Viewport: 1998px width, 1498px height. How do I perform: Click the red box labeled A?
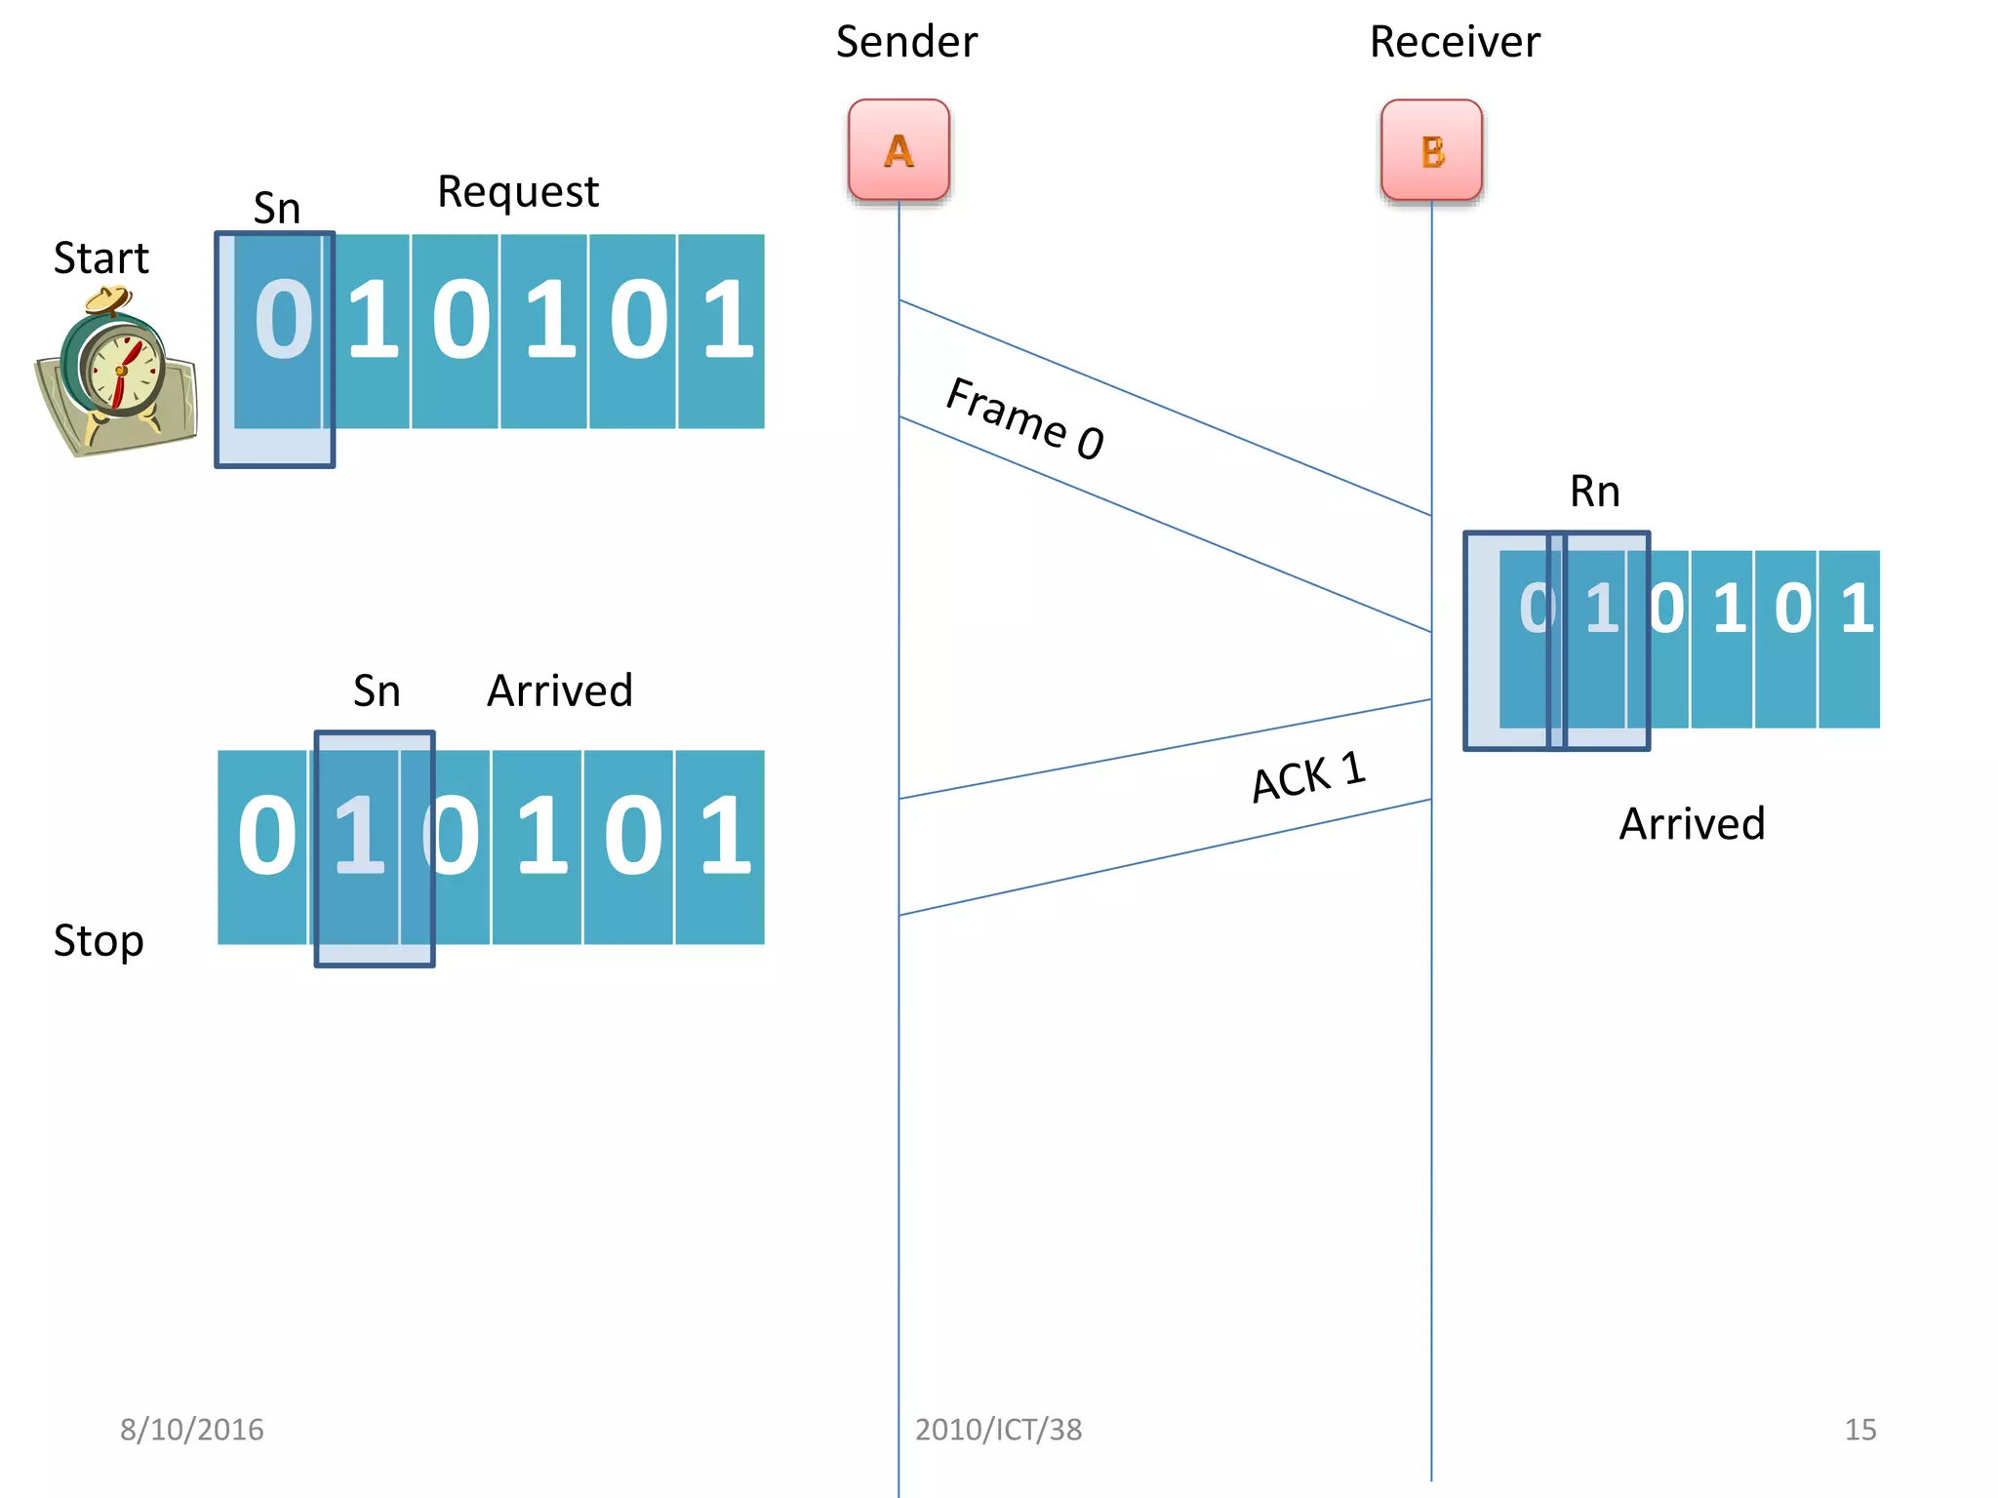899,149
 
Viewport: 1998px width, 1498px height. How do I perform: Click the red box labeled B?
1431,150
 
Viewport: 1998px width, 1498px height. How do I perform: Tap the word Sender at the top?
906,42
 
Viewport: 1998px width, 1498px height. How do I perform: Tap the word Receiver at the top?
1455,42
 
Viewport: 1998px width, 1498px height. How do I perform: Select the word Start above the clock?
100,258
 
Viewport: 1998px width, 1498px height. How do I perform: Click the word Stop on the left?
99,941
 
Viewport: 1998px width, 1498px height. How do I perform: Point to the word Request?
517,192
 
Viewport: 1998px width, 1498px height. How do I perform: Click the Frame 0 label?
1025,418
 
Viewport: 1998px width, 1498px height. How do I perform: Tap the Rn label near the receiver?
1594,492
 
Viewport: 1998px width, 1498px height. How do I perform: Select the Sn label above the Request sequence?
276,209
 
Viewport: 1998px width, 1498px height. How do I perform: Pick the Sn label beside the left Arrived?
377,691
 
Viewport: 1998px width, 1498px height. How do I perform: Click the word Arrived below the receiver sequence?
1692,824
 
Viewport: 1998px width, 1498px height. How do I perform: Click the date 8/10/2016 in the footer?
191,1430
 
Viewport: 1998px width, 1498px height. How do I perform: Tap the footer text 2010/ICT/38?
998,1430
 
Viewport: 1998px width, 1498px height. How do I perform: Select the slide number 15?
1859,1430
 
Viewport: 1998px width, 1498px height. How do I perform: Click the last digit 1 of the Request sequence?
726,319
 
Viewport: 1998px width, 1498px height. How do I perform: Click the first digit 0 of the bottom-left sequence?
265,836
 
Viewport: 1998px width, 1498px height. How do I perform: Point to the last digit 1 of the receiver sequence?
1856,609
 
